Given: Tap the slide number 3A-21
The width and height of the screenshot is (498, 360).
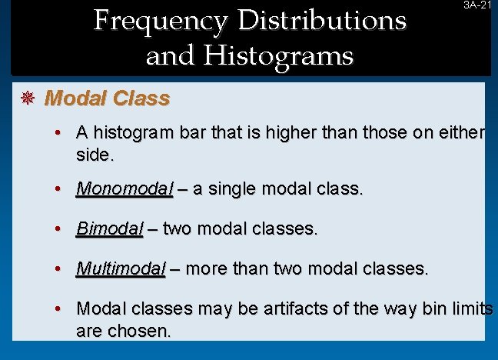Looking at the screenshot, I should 476,5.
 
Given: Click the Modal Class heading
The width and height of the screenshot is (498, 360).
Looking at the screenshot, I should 108,98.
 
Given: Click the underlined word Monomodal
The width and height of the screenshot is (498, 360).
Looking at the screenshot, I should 124,189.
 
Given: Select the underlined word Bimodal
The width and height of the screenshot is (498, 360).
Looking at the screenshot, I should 109,229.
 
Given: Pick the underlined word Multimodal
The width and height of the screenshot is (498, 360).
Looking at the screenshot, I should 121,268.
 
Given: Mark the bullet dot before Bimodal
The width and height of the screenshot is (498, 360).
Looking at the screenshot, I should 58,229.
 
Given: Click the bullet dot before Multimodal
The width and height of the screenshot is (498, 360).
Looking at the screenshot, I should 58,269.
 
